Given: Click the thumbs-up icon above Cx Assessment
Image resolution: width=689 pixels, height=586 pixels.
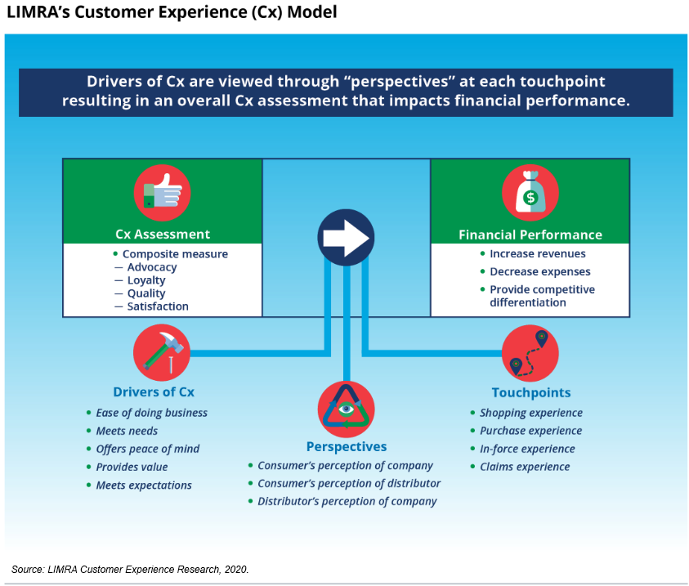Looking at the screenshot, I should tap(162, 193).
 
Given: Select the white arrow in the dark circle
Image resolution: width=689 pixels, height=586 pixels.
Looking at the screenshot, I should tap(346, 237).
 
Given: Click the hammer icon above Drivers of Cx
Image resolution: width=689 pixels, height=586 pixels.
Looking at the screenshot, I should tap(162, 352).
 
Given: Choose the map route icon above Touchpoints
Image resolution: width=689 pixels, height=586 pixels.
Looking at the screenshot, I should tap(530, 353).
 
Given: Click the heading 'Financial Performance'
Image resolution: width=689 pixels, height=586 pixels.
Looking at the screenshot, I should tap(530, 235).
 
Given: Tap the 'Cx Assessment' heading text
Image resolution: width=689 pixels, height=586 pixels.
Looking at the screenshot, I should tap(162, 235).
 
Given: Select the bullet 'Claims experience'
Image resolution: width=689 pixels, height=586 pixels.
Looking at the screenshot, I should tap(525, 467).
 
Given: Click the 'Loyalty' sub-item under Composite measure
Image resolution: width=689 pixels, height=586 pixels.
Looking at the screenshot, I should tap(145, 280).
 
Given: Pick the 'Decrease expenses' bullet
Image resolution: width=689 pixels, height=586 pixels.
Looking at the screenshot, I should tap(539, 271).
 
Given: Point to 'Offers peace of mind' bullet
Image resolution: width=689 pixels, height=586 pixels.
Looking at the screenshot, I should tap(147, 449).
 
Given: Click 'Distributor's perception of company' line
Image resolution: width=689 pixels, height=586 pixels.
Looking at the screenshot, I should tap(347, 501).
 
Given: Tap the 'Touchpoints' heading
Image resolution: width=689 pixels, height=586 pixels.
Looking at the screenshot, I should tap(530, 392).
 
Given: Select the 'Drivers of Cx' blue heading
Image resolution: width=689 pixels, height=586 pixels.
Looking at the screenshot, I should tap(154, 391).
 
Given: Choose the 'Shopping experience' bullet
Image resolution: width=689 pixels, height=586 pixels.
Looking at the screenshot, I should tap(530, 413).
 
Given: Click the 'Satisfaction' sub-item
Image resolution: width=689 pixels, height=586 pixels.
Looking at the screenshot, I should tap(157, 306).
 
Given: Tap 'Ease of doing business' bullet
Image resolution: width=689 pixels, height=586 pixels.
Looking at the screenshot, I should tap(151, 413).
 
